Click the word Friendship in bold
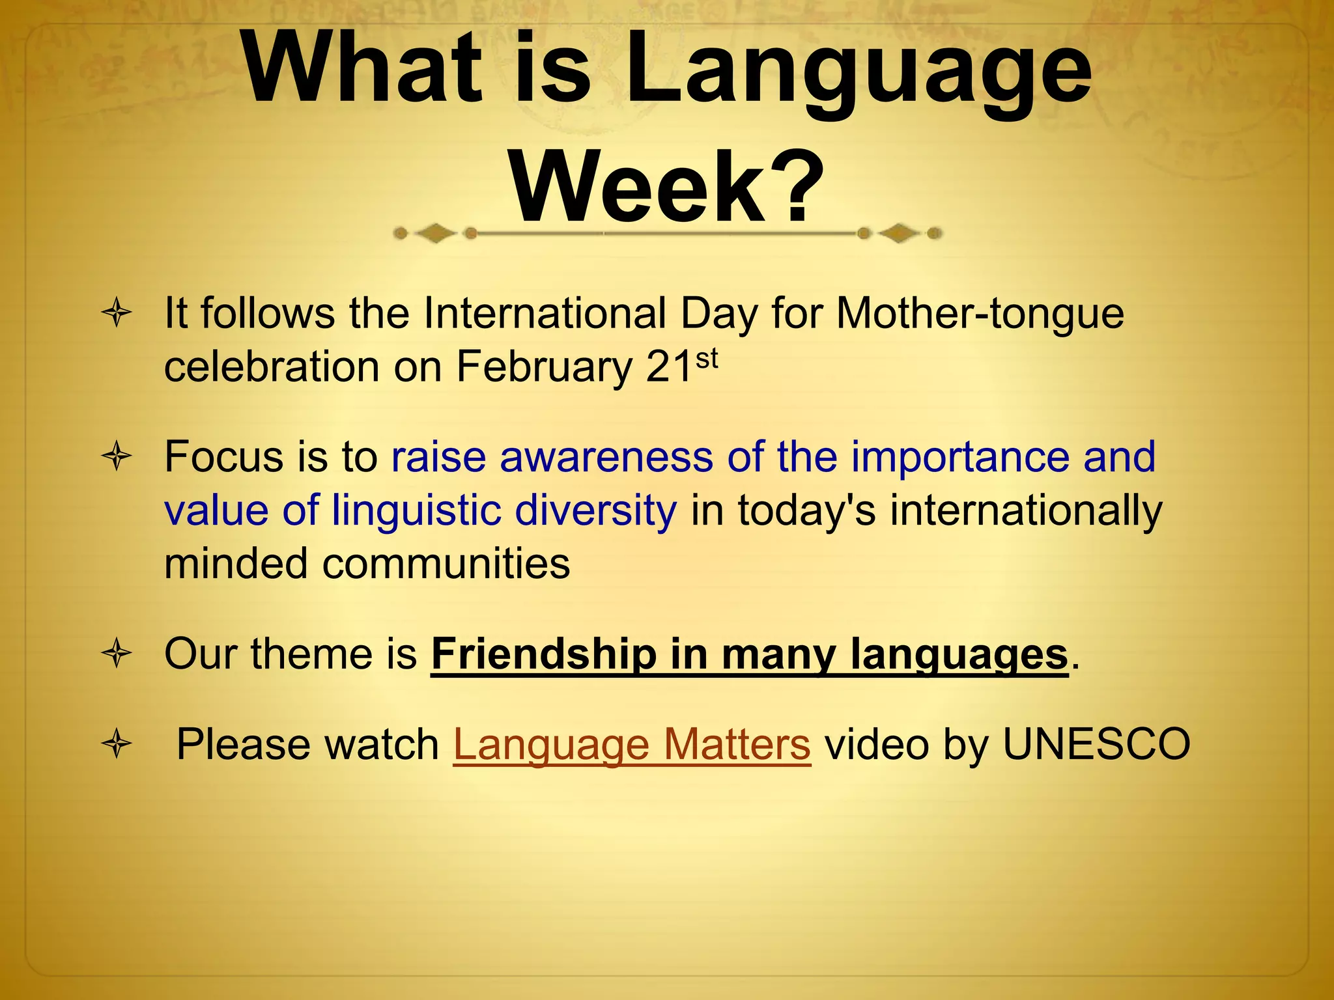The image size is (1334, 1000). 544,654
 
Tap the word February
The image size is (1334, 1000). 544,367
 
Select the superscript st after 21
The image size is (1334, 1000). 707,358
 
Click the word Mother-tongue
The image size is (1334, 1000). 980,314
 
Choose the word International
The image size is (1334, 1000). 545,314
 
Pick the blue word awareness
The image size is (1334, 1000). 606,457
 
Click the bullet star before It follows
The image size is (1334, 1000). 117,314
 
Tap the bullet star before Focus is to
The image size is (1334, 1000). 117,457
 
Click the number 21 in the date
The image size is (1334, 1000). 669,367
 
